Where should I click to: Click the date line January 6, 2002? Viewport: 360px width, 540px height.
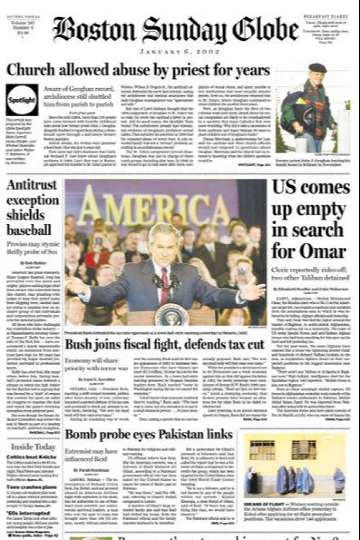point(180,52)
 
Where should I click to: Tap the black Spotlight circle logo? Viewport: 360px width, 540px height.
point(22,100)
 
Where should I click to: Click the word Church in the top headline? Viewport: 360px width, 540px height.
point(30,70)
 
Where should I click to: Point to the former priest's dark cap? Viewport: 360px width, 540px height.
point(318,67)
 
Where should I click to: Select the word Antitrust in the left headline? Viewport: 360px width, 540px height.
point(32,185)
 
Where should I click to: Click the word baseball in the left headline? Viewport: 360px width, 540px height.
point(29,230)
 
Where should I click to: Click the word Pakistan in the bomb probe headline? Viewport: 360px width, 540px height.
point(182,434)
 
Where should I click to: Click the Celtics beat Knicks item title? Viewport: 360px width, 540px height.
point(32,457)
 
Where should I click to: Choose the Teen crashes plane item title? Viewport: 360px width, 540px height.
point(32,487)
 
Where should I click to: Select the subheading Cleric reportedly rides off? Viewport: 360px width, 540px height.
point(310,273)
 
